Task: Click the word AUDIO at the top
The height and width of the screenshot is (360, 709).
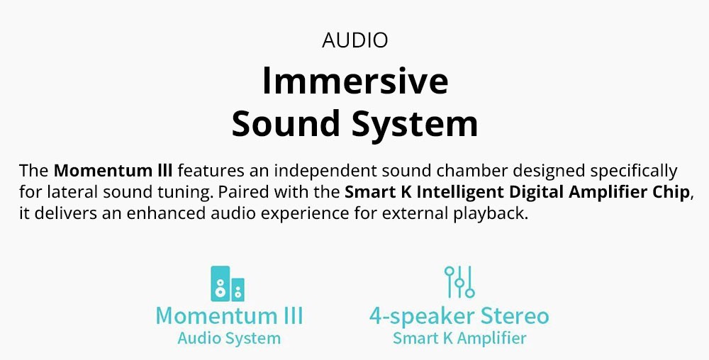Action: click(x=355, y=40)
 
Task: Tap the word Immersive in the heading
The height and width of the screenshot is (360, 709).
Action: click(x=355, y=80)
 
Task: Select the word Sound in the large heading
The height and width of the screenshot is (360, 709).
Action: click(x=286, y=123)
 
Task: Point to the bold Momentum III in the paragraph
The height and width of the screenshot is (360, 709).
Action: click(x=113, y=171)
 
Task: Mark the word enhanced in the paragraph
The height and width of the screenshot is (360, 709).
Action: click(x=166, y=213)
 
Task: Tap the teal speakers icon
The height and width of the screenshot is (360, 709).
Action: click(x=228, y=283)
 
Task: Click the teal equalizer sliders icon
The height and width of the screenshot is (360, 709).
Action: click(x=459, y=282)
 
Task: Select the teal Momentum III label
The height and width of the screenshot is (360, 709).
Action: click(x=229, y=315)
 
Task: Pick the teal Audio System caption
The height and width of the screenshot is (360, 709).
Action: click(x=229, y=339)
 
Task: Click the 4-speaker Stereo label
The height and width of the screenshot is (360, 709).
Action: click(x=459, y=317)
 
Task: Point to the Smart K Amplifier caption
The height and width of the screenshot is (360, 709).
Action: click(x=459, y=339)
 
